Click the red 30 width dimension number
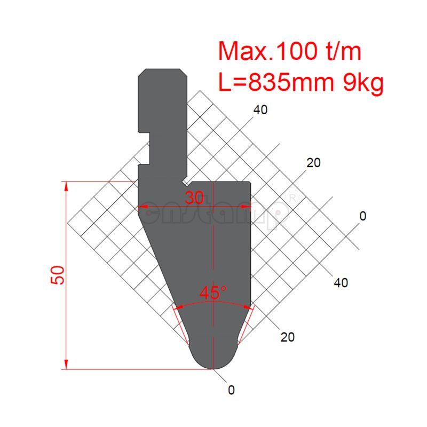tap(194, 198)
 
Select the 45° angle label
tap(213, 293)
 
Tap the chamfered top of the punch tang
tap(162, 73)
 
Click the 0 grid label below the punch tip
tap(231, 390)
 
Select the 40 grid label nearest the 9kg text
tap(260, 110)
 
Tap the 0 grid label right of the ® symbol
tap(363, 216)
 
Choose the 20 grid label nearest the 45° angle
tap(287, 337)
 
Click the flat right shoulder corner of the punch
tap(249, 184)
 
